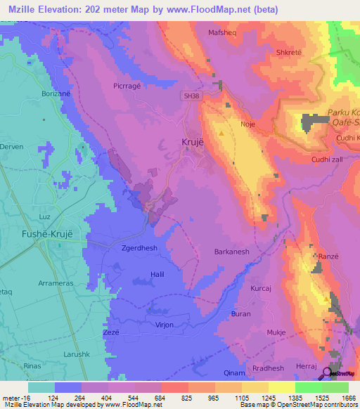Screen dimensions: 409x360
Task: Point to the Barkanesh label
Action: [x=232, y=251]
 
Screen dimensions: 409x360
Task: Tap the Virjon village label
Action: [x=164, y=326]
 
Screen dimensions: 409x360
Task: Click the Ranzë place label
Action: [x=329, y=257]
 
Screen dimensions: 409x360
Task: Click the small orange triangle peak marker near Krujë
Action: [x=223, y=132]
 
